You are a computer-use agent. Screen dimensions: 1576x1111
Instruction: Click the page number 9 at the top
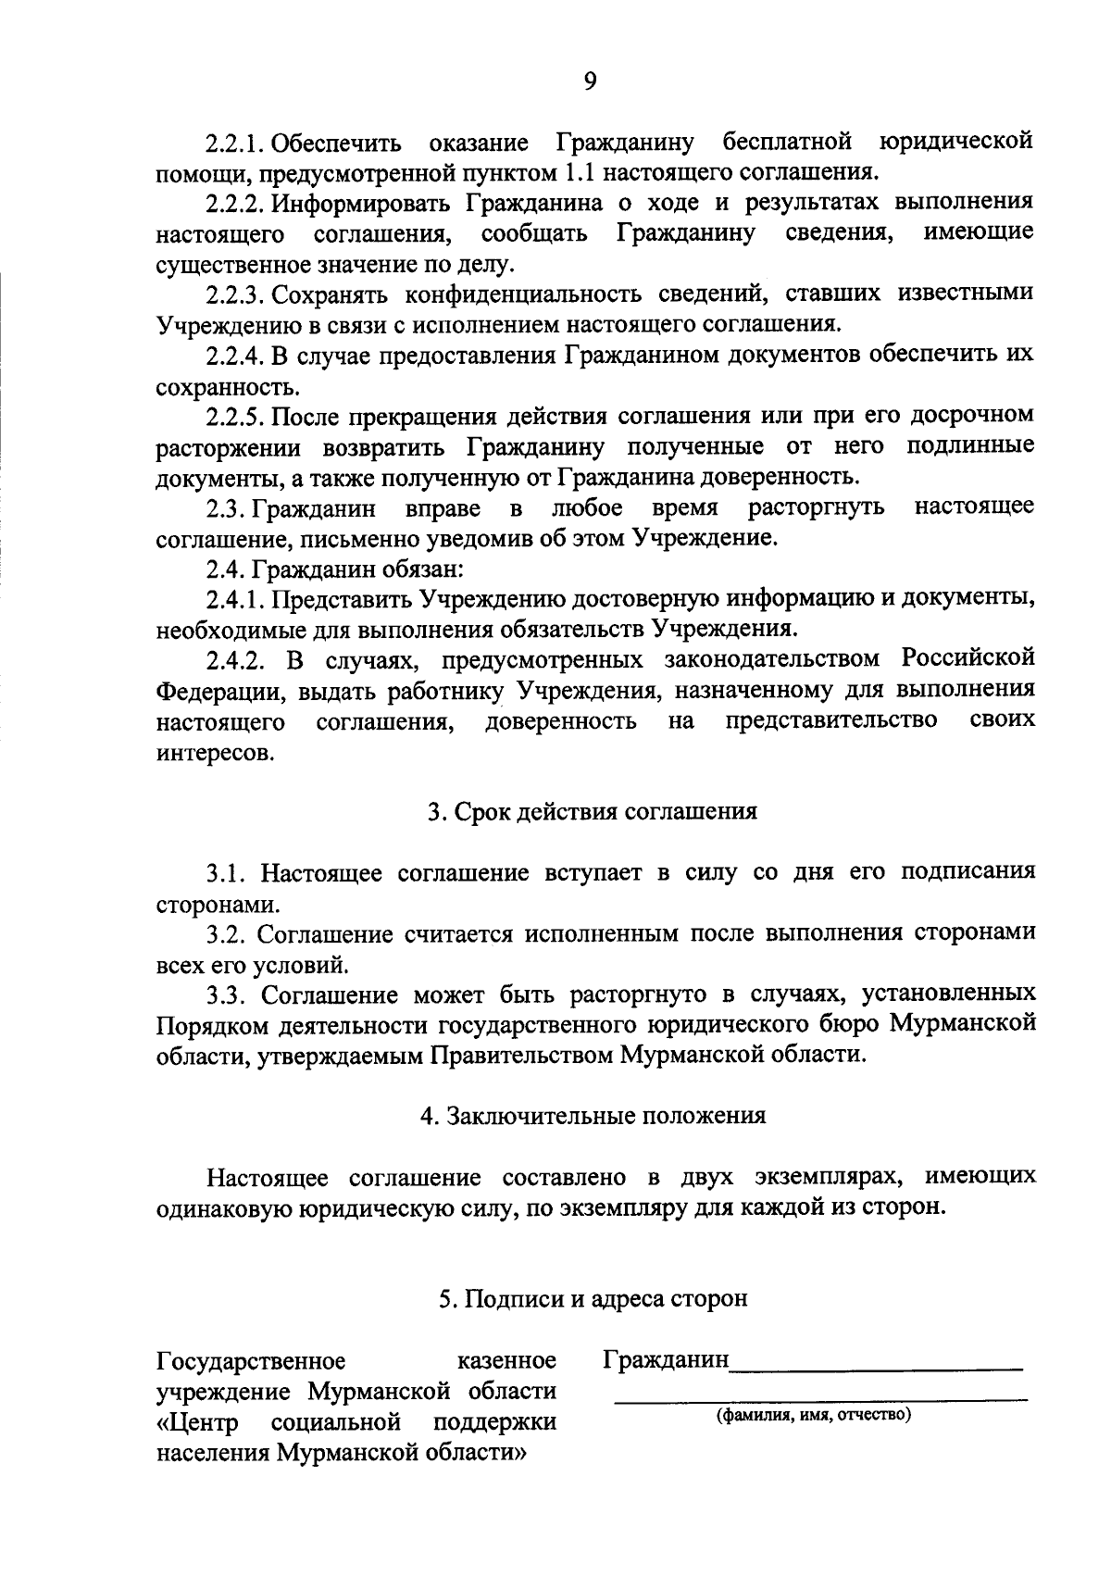pos(591,81)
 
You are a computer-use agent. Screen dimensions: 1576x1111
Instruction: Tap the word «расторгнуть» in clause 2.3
pos(816,507)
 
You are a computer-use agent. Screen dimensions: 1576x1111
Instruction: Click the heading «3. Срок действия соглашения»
pos(593,812)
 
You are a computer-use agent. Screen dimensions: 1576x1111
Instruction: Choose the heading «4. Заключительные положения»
pos(593,1116)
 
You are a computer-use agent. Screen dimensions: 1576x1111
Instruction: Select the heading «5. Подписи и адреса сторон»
pos(593,1299)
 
